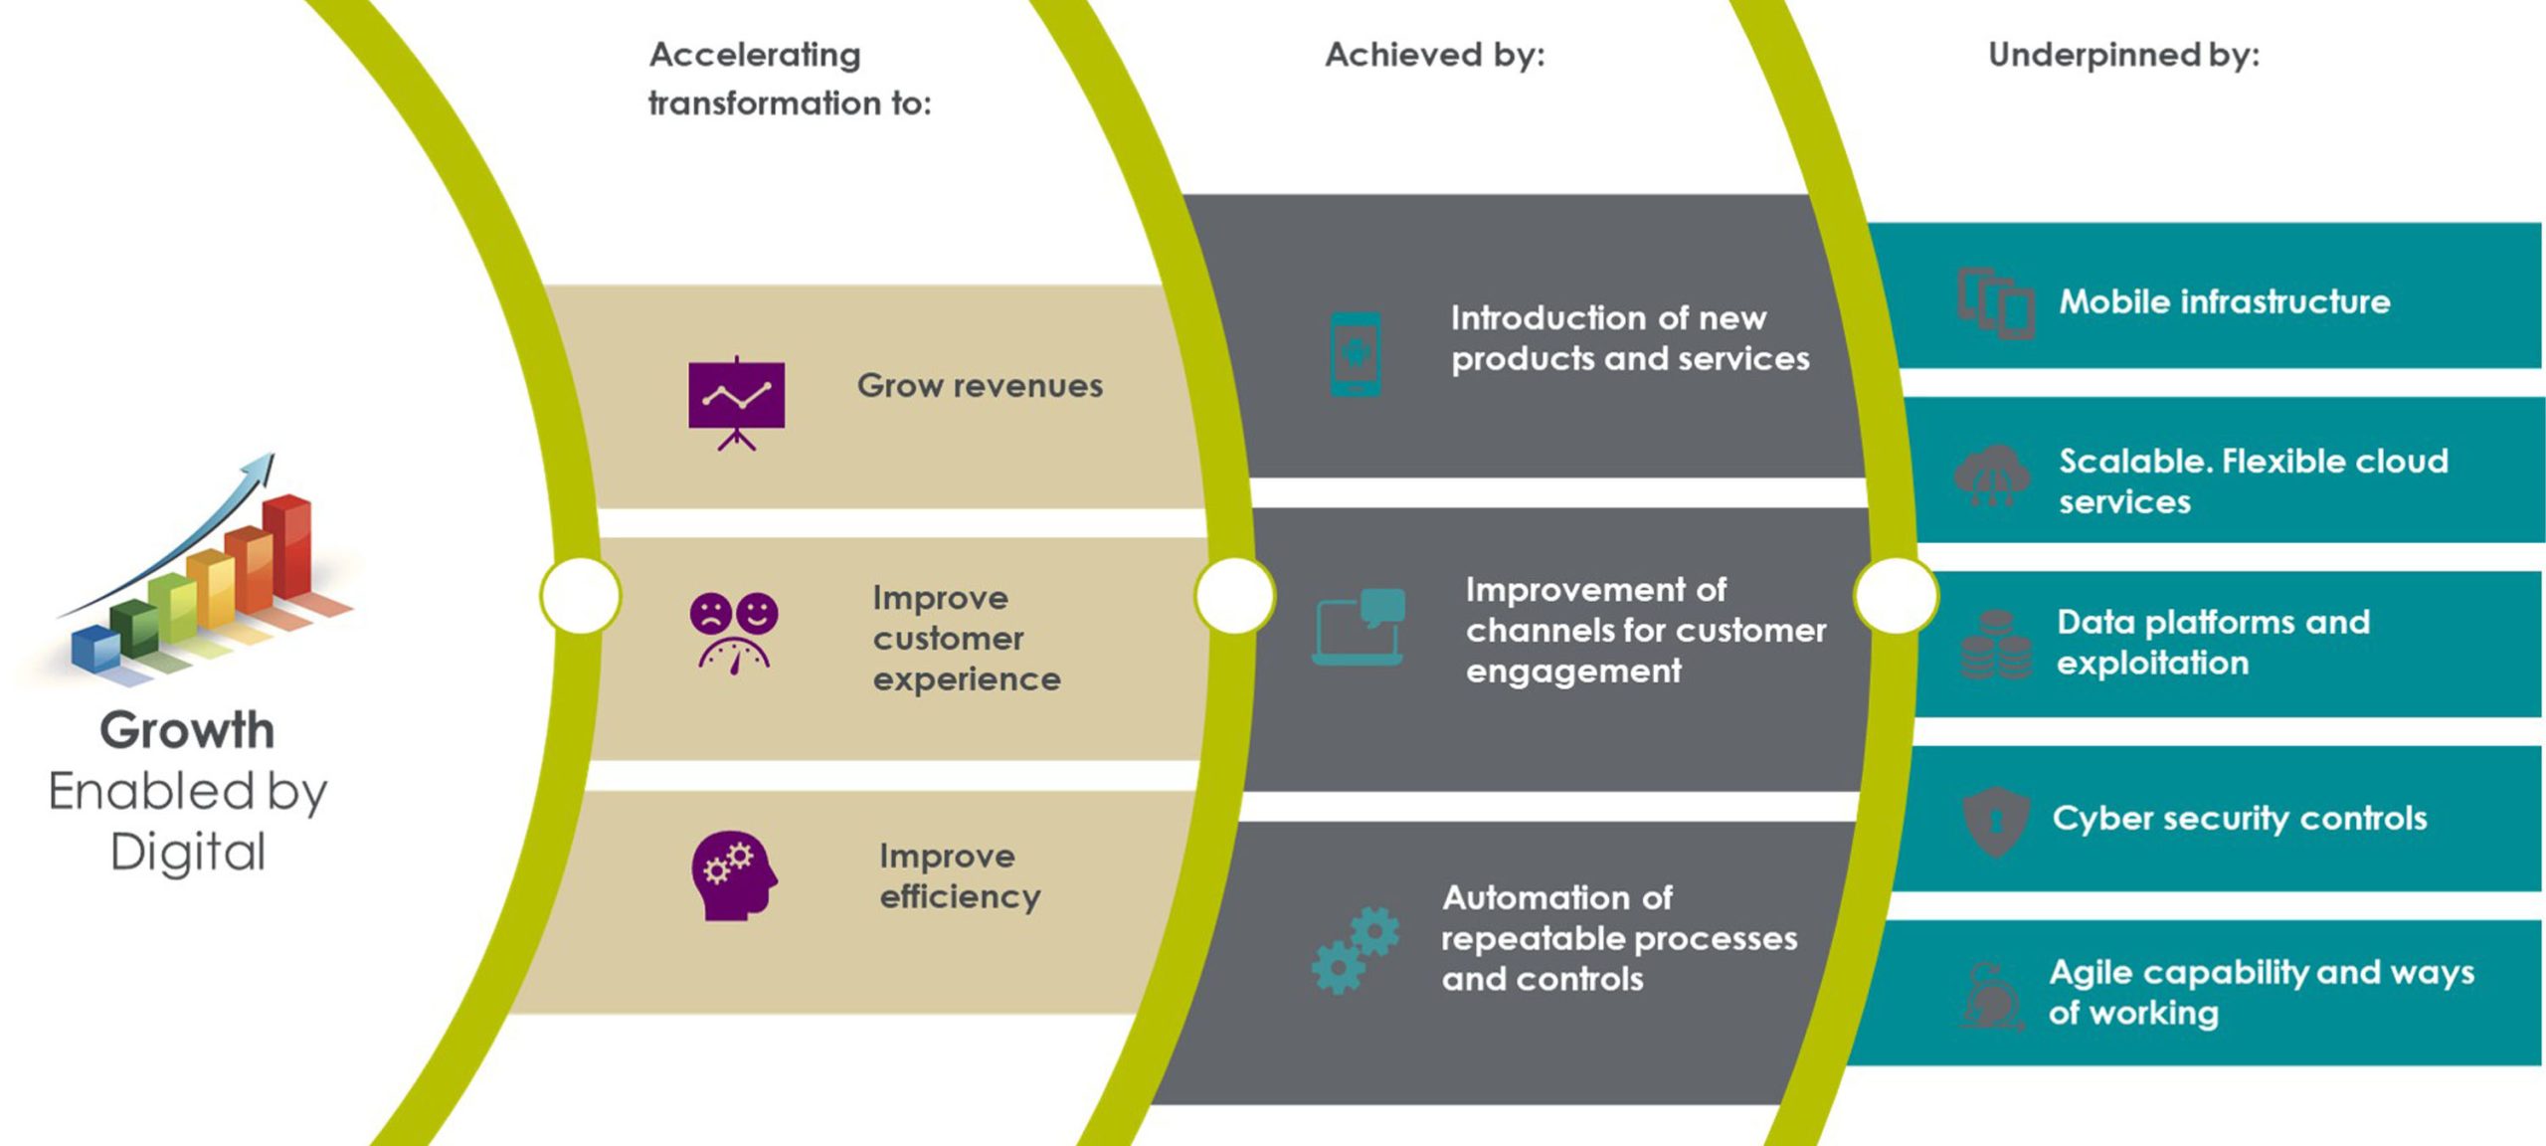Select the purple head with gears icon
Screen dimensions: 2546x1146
[x=734, y=875]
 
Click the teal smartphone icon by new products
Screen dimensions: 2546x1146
[x=1356, y=354]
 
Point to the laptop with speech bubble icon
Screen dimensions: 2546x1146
[x=1359, y=627]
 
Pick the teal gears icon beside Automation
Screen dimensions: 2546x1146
[x=1356, y=950]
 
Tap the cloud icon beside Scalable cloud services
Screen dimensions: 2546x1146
[x=1992, y=476]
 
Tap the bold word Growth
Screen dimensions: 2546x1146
[x=187, y=730]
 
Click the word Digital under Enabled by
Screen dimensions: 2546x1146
[x=188, y=853]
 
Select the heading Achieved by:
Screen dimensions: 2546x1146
[x=1435, y=55]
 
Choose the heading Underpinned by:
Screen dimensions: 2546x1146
[x=2123, y=55]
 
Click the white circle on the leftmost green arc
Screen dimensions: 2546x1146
[x=581, y=595]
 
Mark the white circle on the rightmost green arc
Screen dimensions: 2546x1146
[x=1897, y=595]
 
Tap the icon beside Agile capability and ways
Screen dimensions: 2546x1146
[x=1992, y=995]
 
